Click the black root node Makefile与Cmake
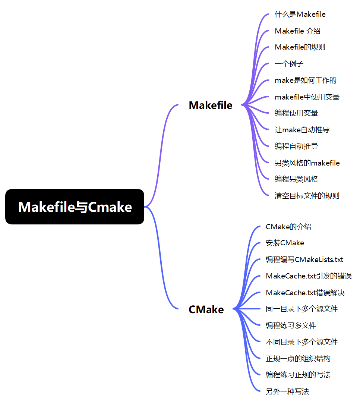[75, 207]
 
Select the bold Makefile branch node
[211, 105]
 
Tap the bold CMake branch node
[206, 309]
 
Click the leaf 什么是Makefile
[300, 15]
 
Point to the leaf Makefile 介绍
[297, 31]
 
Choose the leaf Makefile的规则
[300, 47]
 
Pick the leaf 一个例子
[289, 63]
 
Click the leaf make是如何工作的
[306, 80]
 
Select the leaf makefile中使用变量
[307, 97]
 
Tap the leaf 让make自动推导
[302, 129]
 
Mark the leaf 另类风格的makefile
[307, 163]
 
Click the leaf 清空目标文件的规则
[307, 196]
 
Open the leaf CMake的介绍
[288, 227]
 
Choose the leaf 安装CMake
[285, 243]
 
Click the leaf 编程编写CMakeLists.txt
[304, 259]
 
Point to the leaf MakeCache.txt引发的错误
[309, 276]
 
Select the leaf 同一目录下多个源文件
[301, 309]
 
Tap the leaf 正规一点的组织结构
[298, 358]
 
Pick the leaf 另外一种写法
[287, 391]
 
